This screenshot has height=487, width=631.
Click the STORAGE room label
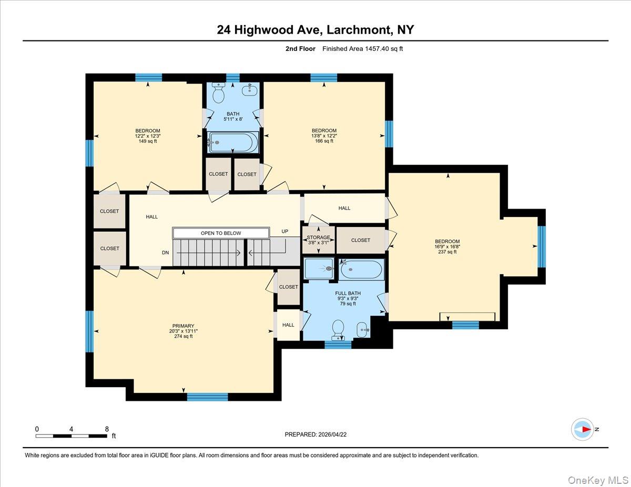tap(319, 237)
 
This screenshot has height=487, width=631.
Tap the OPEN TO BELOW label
tap(221, 233)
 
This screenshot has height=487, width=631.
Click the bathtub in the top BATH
tap(233, 142)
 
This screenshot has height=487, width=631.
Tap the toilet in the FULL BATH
tap(338, 328)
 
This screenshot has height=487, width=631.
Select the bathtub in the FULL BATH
tap(361, 270)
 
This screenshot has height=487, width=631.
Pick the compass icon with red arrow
tap(583, 429)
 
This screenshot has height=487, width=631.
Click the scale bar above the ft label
tap(72, 436)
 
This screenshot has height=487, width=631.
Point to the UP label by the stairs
tap(284, 231)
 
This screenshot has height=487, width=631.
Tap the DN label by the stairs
tap(165, 253)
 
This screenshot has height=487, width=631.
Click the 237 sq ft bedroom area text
tap(447, 252)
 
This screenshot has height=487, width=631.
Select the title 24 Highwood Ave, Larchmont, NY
tap(315, 30)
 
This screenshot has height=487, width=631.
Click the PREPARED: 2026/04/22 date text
tap(315, 434)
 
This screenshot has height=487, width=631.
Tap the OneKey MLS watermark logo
tap(600, 480)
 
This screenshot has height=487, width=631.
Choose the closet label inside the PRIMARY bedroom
tap(288, 287)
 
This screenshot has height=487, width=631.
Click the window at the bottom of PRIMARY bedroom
tap(208, 397)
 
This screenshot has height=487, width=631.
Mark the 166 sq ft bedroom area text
tap(324, 141)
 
